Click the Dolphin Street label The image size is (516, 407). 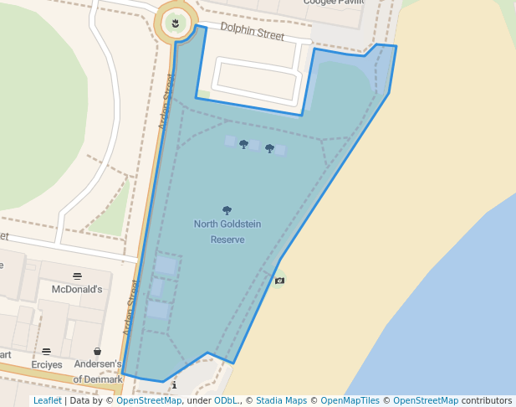click(x=252, y=33)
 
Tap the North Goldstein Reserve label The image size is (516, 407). click(x=218, y=231)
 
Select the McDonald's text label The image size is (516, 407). click(x=77, y=289)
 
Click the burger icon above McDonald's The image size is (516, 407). click(x=77, y=276)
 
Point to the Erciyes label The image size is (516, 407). click(x=47, y=365)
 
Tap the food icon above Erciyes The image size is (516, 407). click(x=46, y=352)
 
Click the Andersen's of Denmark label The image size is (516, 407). click(x=98, y=372)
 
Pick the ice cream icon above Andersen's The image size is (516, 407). click(x=98, y=352)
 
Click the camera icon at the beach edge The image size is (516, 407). click(x=279, y=280)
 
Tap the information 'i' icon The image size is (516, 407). click(x=174, y=385)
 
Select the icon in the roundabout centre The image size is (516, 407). click(x=174, y=23)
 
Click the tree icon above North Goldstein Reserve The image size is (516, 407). click(x=227, y=210)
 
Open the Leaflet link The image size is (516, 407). click(x=47, y=401)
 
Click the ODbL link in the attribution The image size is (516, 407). click(x=226, y=401)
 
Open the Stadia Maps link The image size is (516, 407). click(x=281, y=401)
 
